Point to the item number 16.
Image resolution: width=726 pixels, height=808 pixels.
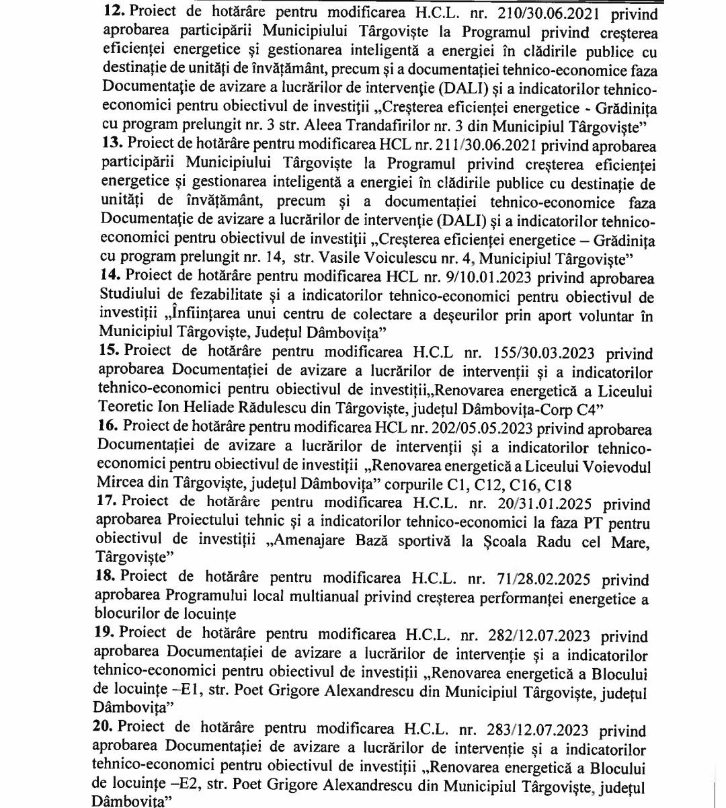tap(110, 428)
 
